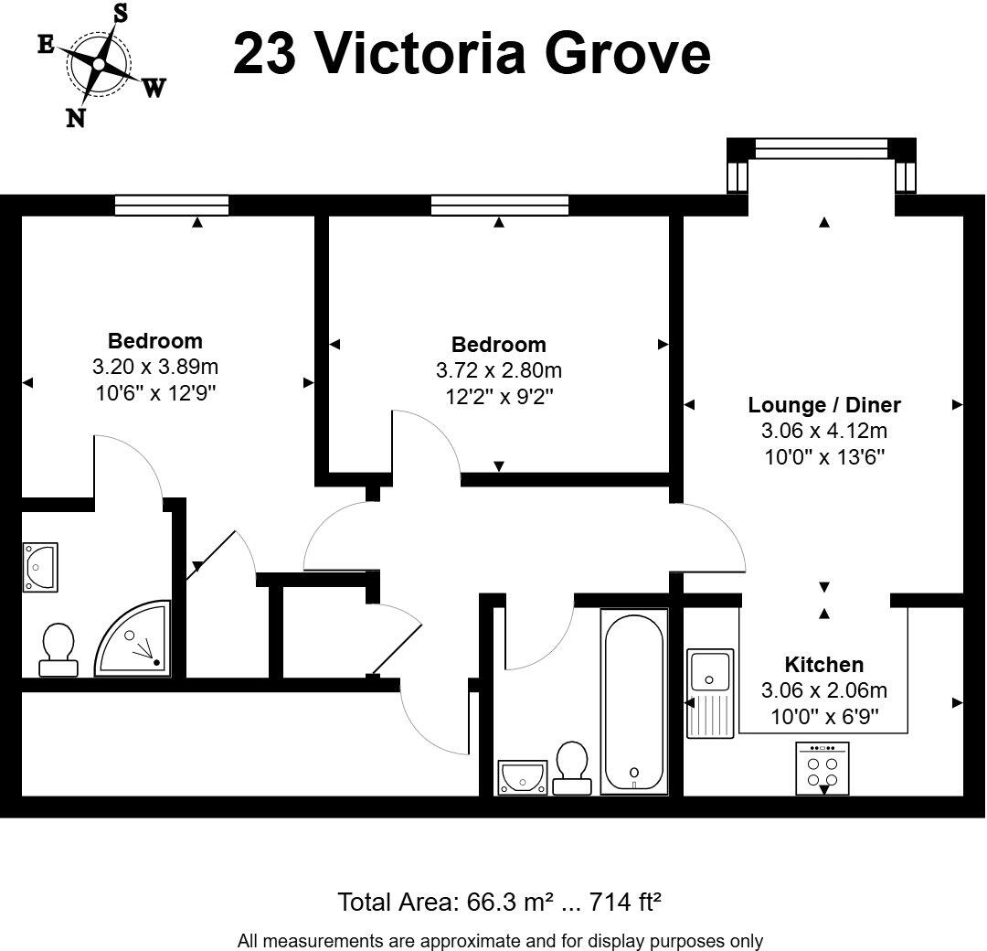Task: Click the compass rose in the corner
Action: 100,64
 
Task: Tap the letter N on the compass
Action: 76,117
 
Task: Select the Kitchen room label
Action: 824,665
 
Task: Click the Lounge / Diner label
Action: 824,405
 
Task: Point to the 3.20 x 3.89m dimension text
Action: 155,367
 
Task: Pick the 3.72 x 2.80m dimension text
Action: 499,370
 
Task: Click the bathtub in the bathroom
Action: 634,701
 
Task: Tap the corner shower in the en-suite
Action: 133,638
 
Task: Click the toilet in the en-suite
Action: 58,650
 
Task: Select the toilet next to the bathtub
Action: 572,768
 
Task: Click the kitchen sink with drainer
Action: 710,693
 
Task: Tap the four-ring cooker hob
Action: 822,768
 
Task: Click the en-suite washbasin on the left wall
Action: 40,568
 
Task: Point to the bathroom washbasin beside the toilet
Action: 523,778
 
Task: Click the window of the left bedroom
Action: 172,206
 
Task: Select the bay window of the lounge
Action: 822,165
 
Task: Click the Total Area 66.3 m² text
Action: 499,902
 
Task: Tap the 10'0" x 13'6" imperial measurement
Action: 824,456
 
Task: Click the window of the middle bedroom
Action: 500,206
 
